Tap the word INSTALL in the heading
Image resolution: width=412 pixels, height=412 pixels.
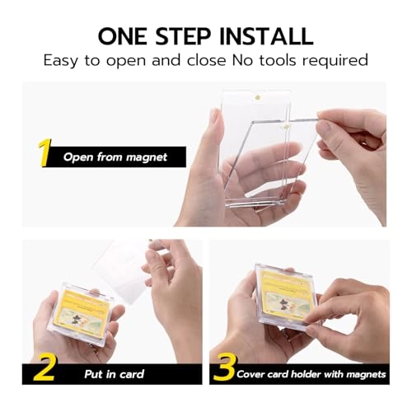[x=265, y=35]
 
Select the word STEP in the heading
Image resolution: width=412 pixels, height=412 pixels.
[x=188, y=35]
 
